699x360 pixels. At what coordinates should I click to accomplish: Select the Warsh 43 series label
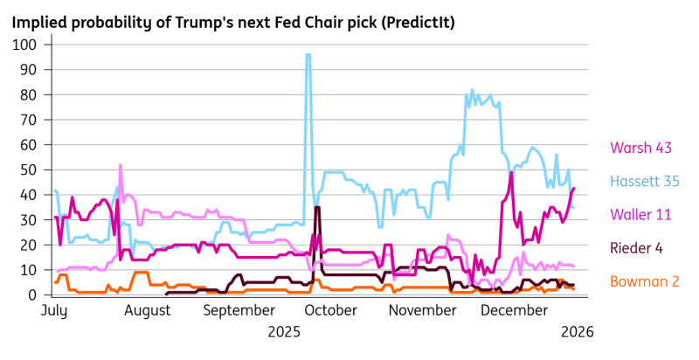click(x=640, y=147)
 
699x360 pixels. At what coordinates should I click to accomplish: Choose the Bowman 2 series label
click(x=645, y=281)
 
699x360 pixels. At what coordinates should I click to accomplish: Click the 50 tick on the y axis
click(x=26, y=170)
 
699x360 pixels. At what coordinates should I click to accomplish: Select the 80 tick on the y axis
click(x=26, y=94)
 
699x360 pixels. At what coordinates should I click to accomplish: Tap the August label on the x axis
click(x=148, y=310)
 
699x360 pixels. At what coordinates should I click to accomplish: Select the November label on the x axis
click(x=417, y=310)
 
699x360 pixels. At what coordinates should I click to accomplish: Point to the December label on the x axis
click(x=509, y=310)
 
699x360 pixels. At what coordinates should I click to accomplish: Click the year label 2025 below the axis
click(x=284, y=331)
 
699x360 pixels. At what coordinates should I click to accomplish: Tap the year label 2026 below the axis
click(x=577, y=331)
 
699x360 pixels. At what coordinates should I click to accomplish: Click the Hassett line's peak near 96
click(x=308, y=55)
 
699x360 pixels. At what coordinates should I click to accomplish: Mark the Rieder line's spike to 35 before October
click(x=317, y=207)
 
